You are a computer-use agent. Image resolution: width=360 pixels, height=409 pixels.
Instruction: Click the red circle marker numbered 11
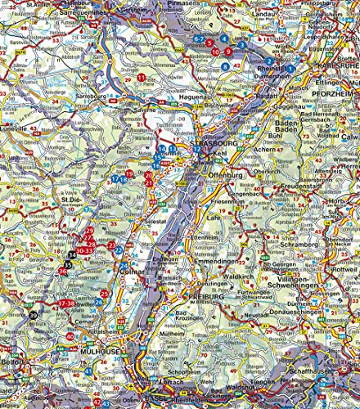coord(142,77)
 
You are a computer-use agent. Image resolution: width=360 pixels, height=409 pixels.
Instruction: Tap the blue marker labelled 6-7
coord(199,38)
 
